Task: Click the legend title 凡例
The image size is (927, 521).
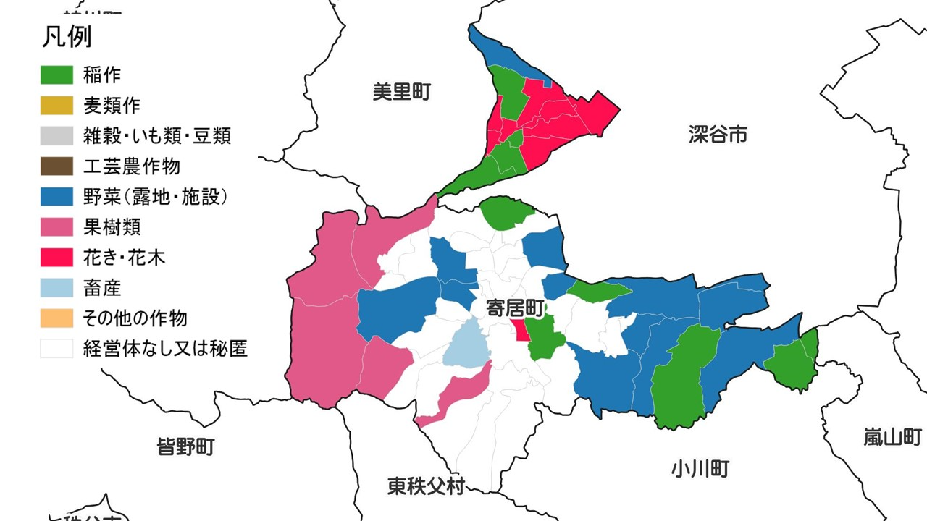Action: [x=67, y=36]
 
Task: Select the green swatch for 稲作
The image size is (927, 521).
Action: [x=56, y=75]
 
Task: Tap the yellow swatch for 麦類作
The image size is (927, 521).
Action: [x=56, y=105]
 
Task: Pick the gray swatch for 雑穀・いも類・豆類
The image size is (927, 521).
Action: [x=56, y=135]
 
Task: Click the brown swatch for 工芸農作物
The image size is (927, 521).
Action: [x=56, y=166]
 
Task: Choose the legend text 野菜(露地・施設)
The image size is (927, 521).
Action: [x=156, y=197]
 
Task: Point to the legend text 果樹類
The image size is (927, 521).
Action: [x=112, y=227]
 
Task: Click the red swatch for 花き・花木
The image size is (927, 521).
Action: [x=56, y=258]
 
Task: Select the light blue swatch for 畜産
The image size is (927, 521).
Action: [x=56, y=288]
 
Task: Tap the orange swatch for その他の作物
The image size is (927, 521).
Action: [x=56, y=318]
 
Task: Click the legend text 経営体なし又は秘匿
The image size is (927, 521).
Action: [x=166, y=349]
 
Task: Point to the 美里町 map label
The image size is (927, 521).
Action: [x=402, y=92]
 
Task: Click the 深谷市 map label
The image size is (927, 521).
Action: [x=718, y=134]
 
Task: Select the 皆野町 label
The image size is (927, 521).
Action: [x=185, y=446]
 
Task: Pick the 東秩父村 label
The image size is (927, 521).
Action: [x=425, y=486]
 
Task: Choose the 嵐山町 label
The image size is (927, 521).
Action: [x=892, y=437]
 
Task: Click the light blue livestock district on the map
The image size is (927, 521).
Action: [x=466, y=346]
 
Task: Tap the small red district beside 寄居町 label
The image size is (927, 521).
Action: [x=520, y=329]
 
